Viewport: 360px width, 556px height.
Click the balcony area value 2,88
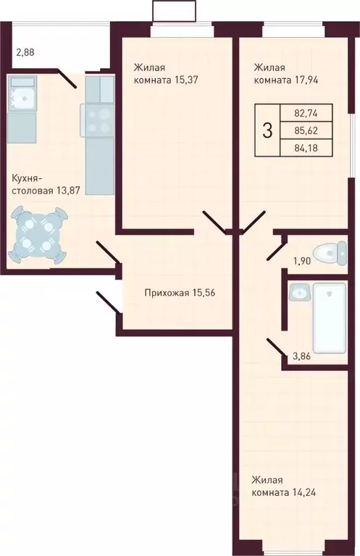25,52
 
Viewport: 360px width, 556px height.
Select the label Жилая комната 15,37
163,74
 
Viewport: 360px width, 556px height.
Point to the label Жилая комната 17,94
284,74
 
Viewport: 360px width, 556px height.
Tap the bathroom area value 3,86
302,355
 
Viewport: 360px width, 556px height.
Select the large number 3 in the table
268,130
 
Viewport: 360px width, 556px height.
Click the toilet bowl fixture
335,252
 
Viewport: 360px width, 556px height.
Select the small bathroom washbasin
298,293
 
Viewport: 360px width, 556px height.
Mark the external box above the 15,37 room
175,12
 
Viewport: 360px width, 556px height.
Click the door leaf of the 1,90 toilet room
275,250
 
